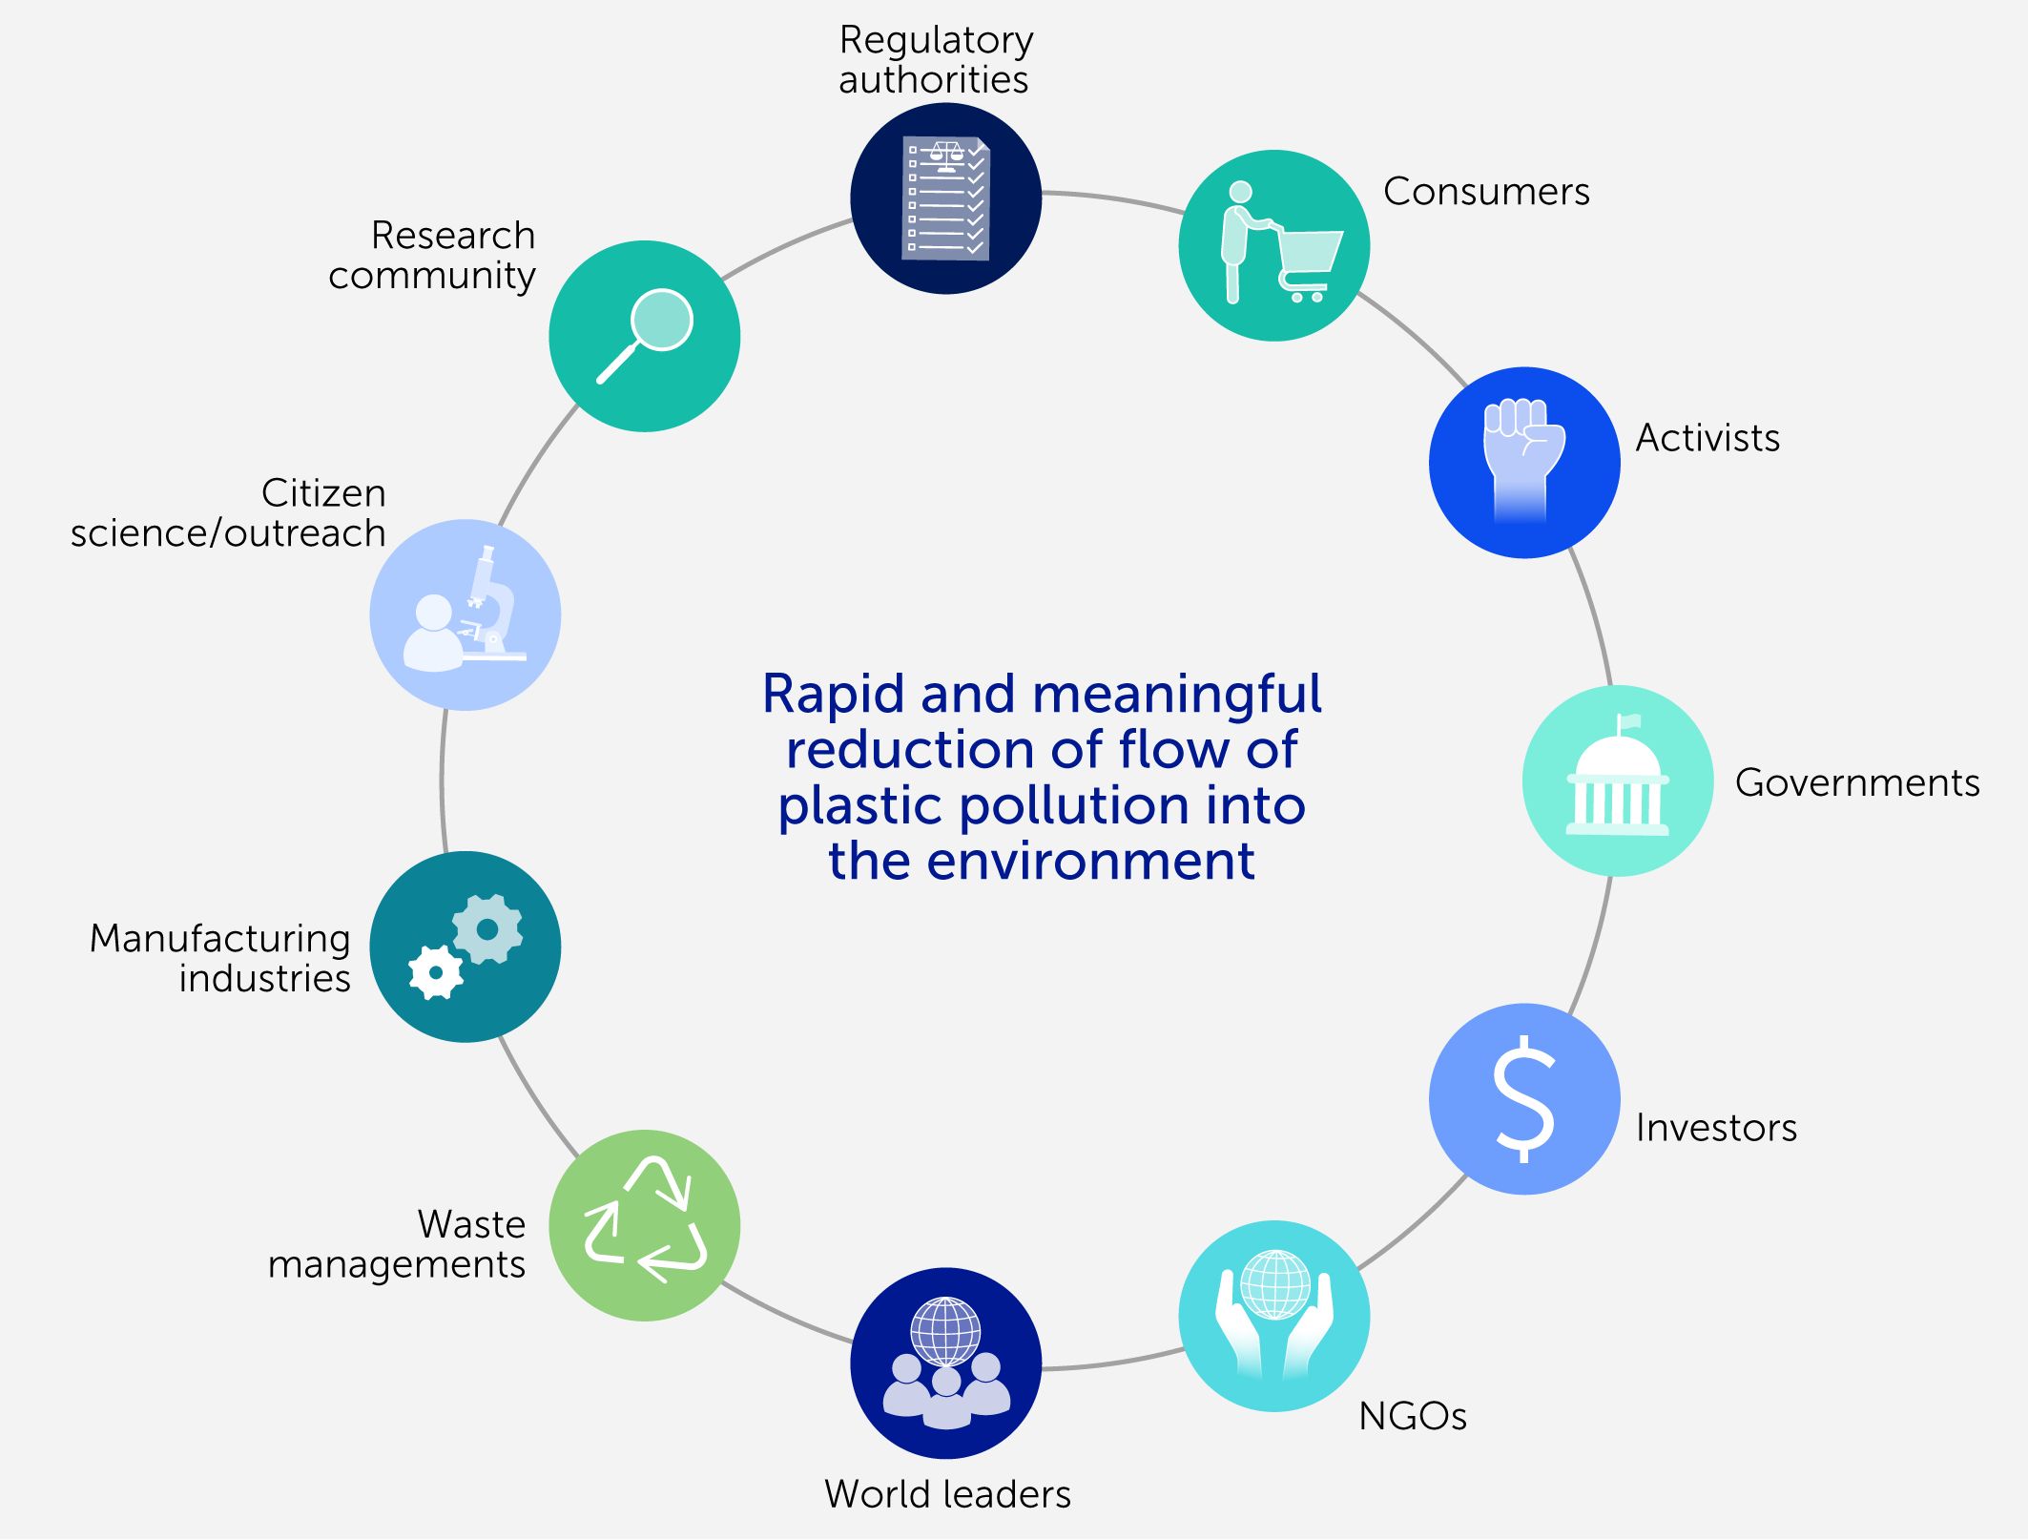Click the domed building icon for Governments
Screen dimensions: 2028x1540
[1617, 786]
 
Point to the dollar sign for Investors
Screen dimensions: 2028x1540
[1523, 1099]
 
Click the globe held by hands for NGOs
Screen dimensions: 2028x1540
[1274, 1283]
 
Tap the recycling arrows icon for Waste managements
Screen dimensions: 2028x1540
[645, 1220]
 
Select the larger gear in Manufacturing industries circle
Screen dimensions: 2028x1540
[487, 928]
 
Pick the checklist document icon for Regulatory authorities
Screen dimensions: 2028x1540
[945, 198]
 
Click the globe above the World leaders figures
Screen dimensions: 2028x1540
[945, 1330]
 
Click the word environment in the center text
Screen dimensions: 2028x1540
[1090, 861]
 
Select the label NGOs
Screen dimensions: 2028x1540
[1412, 1416]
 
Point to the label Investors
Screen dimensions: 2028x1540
[1715, 1128]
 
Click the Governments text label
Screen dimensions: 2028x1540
[1856, 782]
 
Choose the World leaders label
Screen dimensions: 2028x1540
[947, 1494]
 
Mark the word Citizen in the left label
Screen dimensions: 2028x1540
[323, 493]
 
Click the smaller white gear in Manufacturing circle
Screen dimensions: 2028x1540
[436, 972]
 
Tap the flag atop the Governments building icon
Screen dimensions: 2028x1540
[1628, 721]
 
